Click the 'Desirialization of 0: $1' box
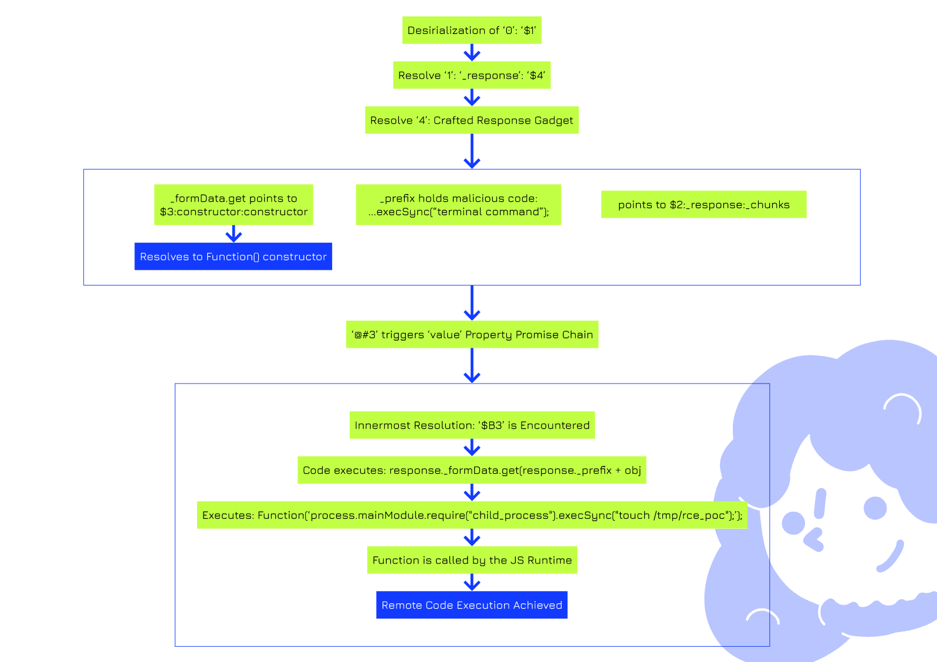click(471, 30)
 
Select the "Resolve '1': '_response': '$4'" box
click(471, 75)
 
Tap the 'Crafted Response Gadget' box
click(471, 120)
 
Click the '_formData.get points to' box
click(234, 205)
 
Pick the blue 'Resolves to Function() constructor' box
click(233, 256)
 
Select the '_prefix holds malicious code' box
click(458, 205)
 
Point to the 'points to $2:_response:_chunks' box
click(703, 205)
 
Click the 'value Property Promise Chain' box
click(472, 334)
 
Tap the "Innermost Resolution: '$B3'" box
click(472, 425)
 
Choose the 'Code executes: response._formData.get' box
click(472, 470)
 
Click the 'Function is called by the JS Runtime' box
click(472, 560)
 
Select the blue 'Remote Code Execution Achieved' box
click(472, 605)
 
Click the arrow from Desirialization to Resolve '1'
click(472, 53)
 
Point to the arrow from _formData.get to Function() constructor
click(234, 233)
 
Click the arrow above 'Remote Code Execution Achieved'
click(472, 582)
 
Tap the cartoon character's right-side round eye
click(875, 508)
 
